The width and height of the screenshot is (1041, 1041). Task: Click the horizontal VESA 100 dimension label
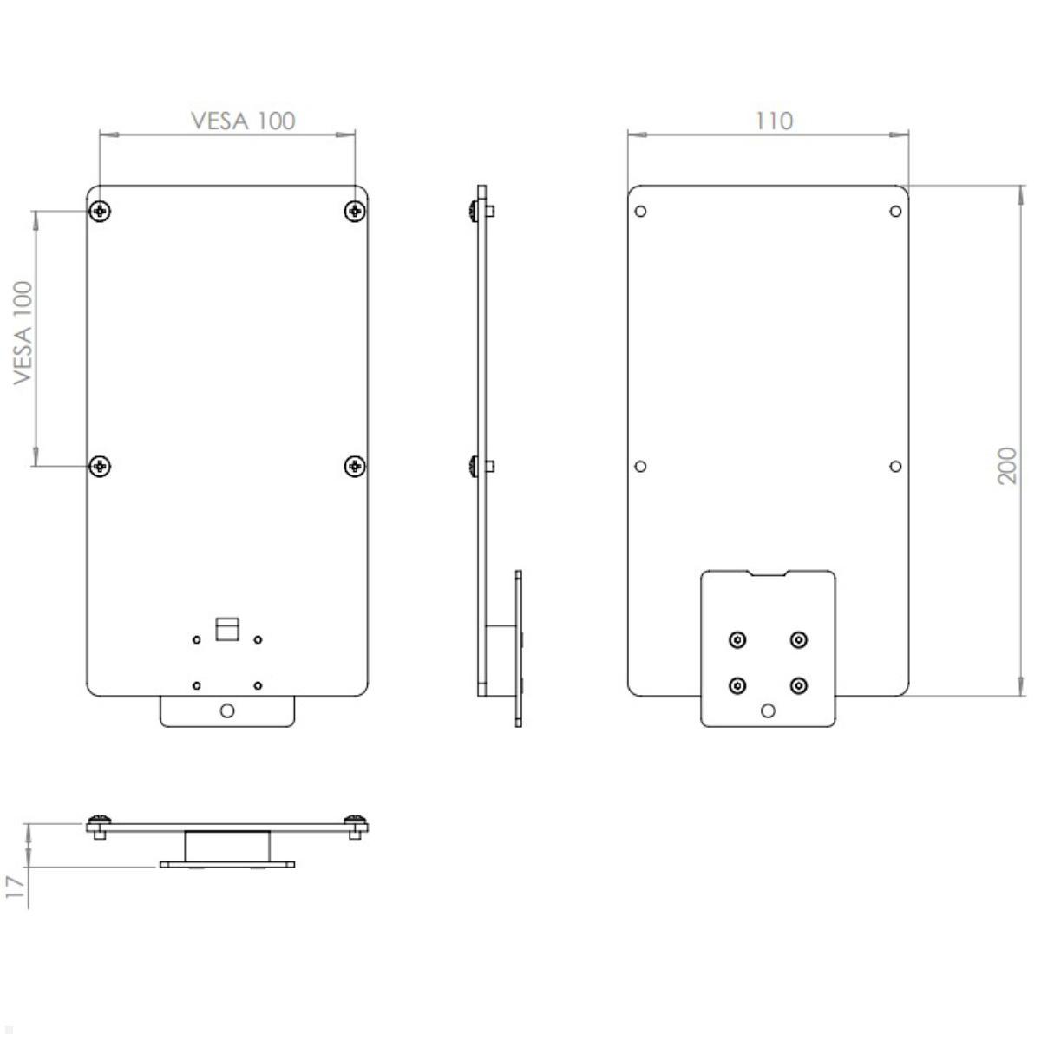click(243, 121)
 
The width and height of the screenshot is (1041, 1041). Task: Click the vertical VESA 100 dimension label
click(23, 332)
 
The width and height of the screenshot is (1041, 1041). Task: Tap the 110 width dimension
click(774, 121)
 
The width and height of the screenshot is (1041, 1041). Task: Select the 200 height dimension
click(1007, 466)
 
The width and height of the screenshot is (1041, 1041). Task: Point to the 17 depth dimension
click(14, 886)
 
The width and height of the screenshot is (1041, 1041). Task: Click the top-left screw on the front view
click(102, 211)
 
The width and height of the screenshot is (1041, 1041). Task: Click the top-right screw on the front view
click(354, 211)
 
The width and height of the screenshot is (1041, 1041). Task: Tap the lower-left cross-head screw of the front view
click(102, 466)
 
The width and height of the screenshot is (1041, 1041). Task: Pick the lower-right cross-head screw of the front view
click(354, 466)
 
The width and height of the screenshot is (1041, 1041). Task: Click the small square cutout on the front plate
click(227, 629)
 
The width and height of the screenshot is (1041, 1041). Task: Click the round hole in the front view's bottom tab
click(227, 710)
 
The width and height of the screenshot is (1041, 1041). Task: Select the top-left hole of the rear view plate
click(641, 211)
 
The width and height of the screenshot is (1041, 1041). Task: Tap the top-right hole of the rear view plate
click(895, 211)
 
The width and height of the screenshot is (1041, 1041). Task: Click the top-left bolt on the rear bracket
click(737, 639)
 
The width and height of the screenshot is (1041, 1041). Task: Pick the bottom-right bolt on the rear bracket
click(799, 685)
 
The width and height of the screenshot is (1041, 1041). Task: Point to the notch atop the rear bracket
click(768, 574)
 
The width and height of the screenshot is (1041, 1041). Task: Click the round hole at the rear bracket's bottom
click(768, 710)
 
